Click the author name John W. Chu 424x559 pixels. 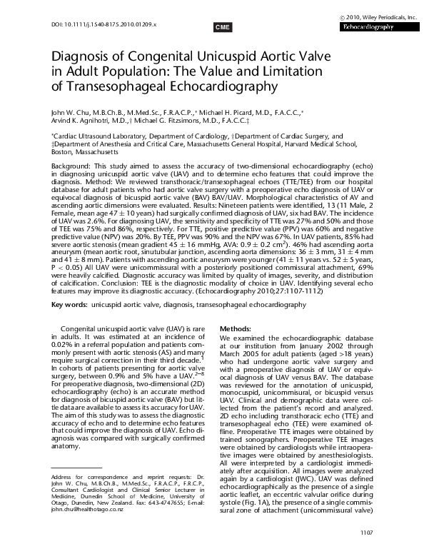71,112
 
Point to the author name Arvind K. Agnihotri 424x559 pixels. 84,121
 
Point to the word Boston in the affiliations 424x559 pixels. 63,152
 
